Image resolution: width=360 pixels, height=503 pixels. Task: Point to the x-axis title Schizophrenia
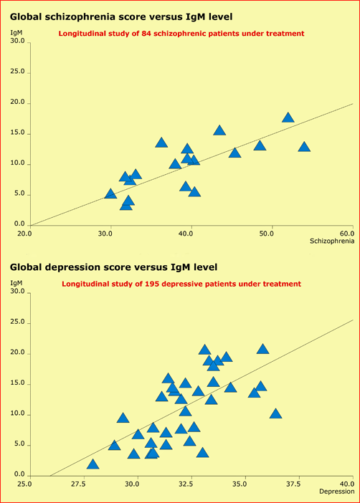[331, 242]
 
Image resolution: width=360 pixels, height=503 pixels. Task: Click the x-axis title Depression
[336, 492]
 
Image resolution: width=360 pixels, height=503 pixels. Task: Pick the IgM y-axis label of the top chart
[16, 33]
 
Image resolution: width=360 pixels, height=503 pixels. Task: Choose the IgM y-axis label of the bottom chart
[16, 284]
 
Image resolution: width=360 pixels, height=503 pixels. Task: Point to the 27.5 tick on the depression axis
[78, 484]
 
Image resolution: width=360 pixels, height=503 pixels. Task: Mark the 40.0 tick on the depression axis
[346, 484]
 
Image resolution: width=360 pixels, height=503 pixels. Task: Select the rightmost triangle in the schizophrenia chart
[304, 147]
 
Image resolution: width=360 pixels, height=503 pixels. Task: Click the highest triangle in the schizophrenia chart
[288, 118]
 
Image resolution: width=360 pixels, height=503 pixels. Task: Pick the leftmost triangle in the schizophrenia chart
[110, 193]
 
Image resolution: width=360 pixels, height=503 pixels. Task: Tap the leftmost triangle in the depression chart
[93, 464]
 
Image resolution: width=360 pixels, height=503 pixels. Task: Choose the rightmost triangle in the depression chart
[275, 413]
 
